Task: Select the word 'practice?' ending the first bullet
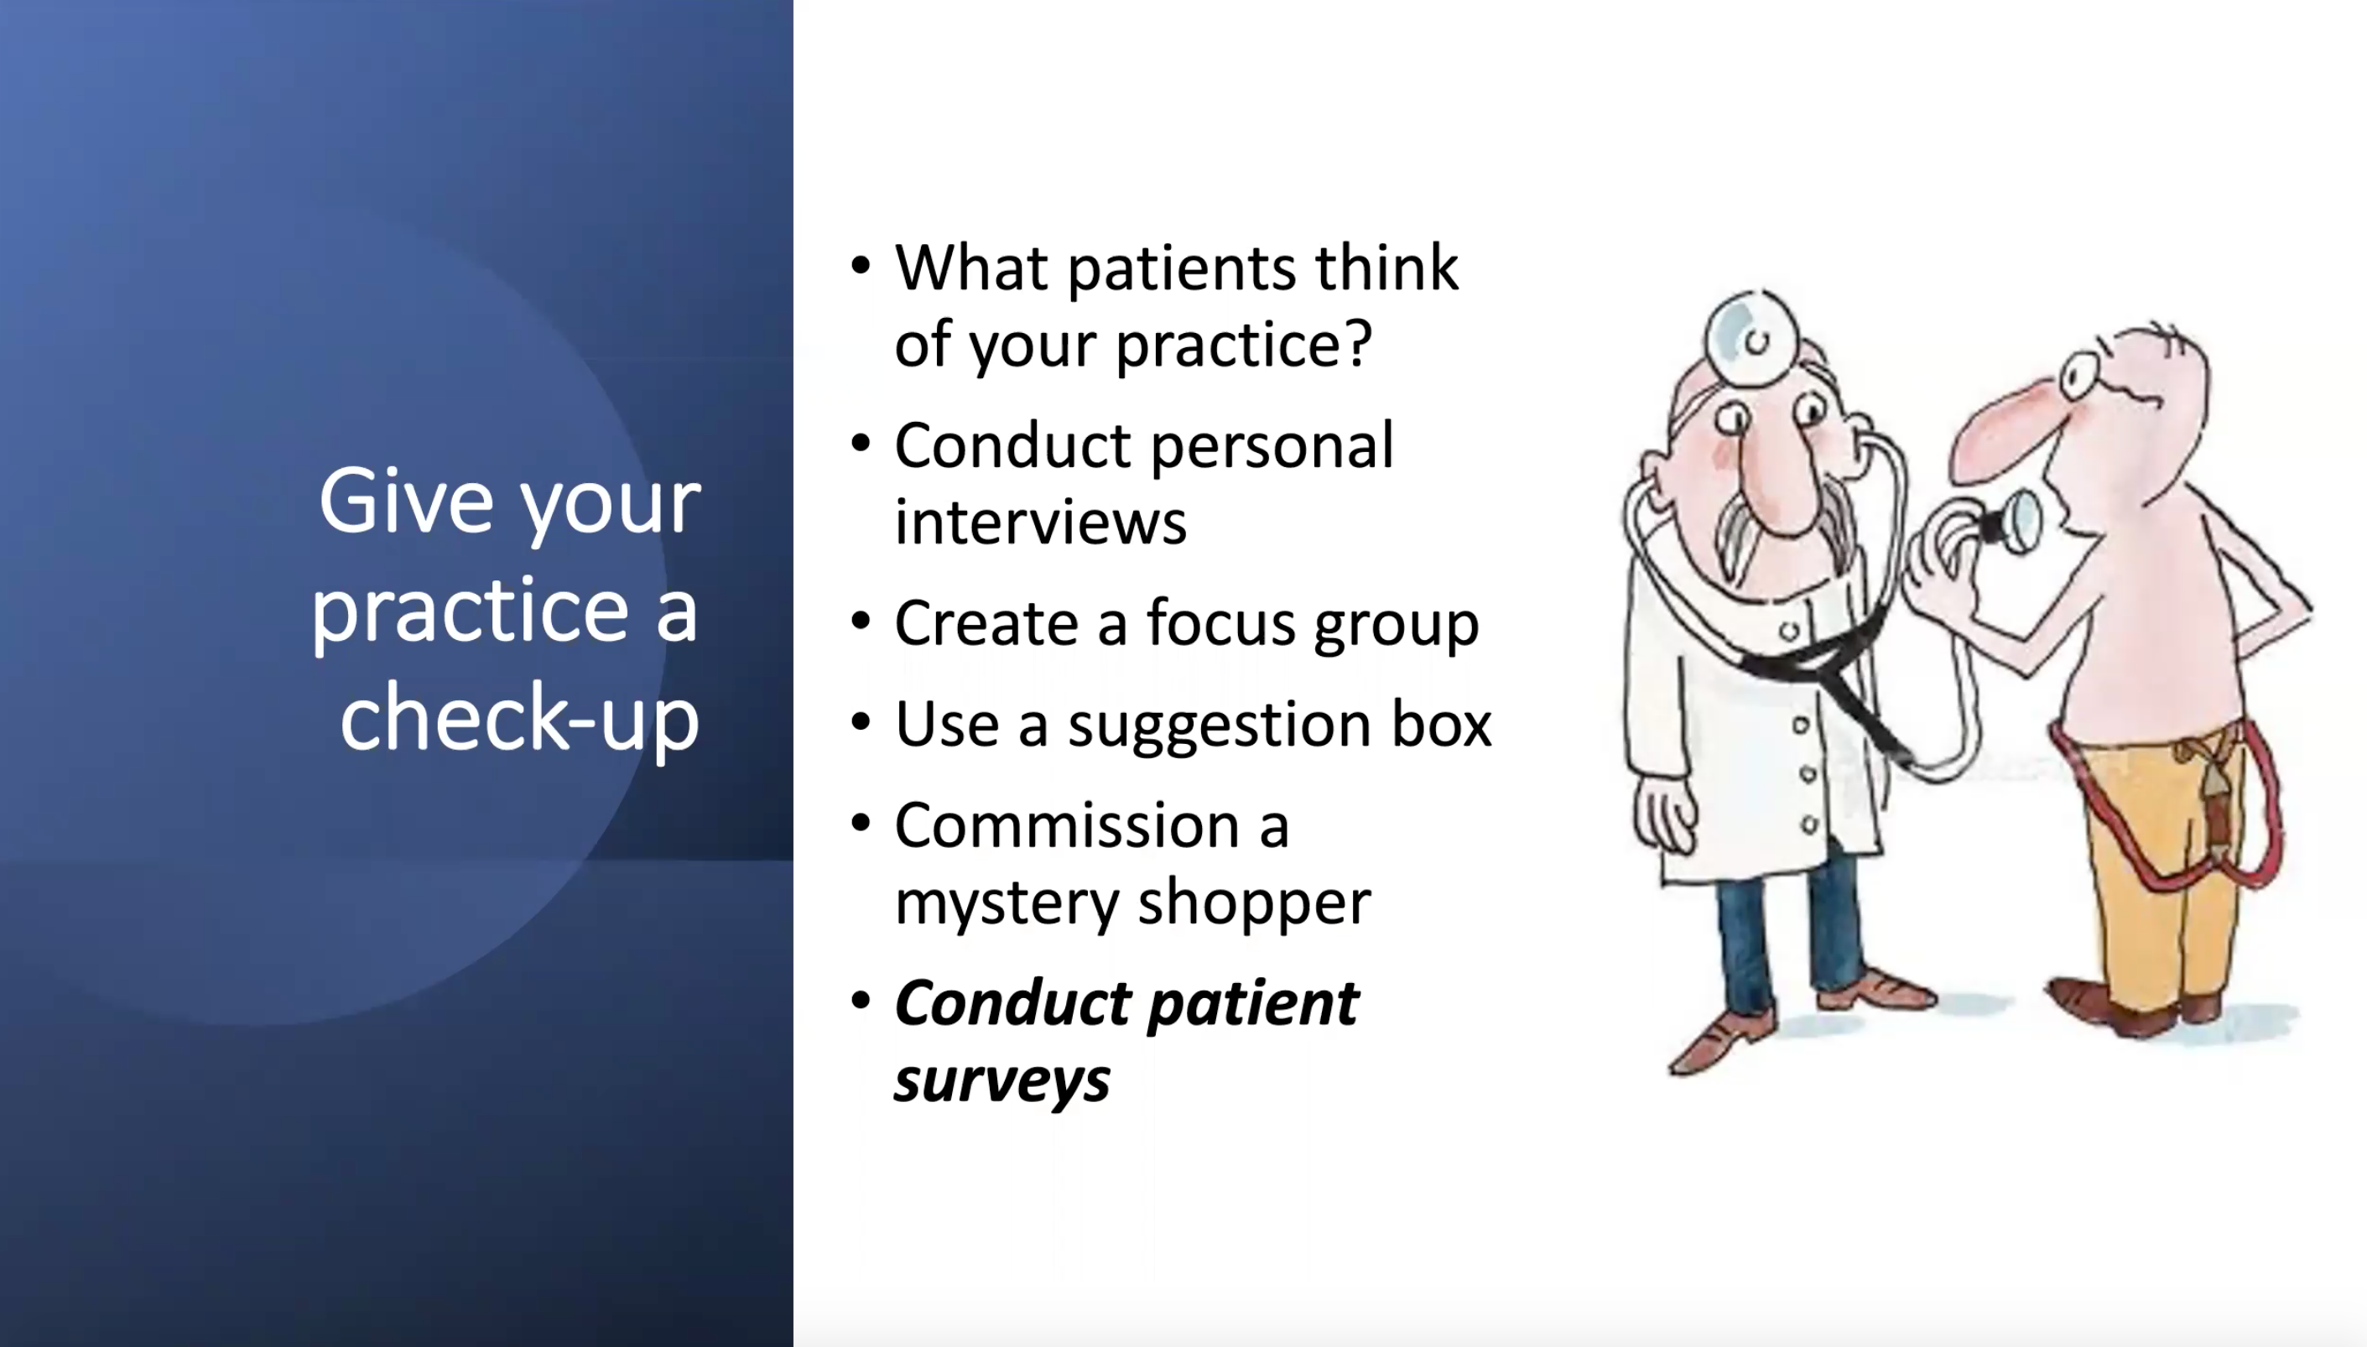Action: pyautogui.click(x=1243, y=344)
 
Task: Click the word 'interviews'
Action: pyautogui.click(x=1040, y=522)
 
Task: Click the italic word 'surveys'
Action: pyautogui.click(x=1001, y=1079)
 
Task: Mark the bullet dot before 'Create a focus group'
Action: pyautogui.click(x=861, y=621)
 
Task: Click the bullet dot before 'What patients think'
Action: pyautogui.click(x=861, y=267)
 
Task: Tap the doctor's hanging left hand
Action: pyautogui.click(x=1665, y=814)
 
